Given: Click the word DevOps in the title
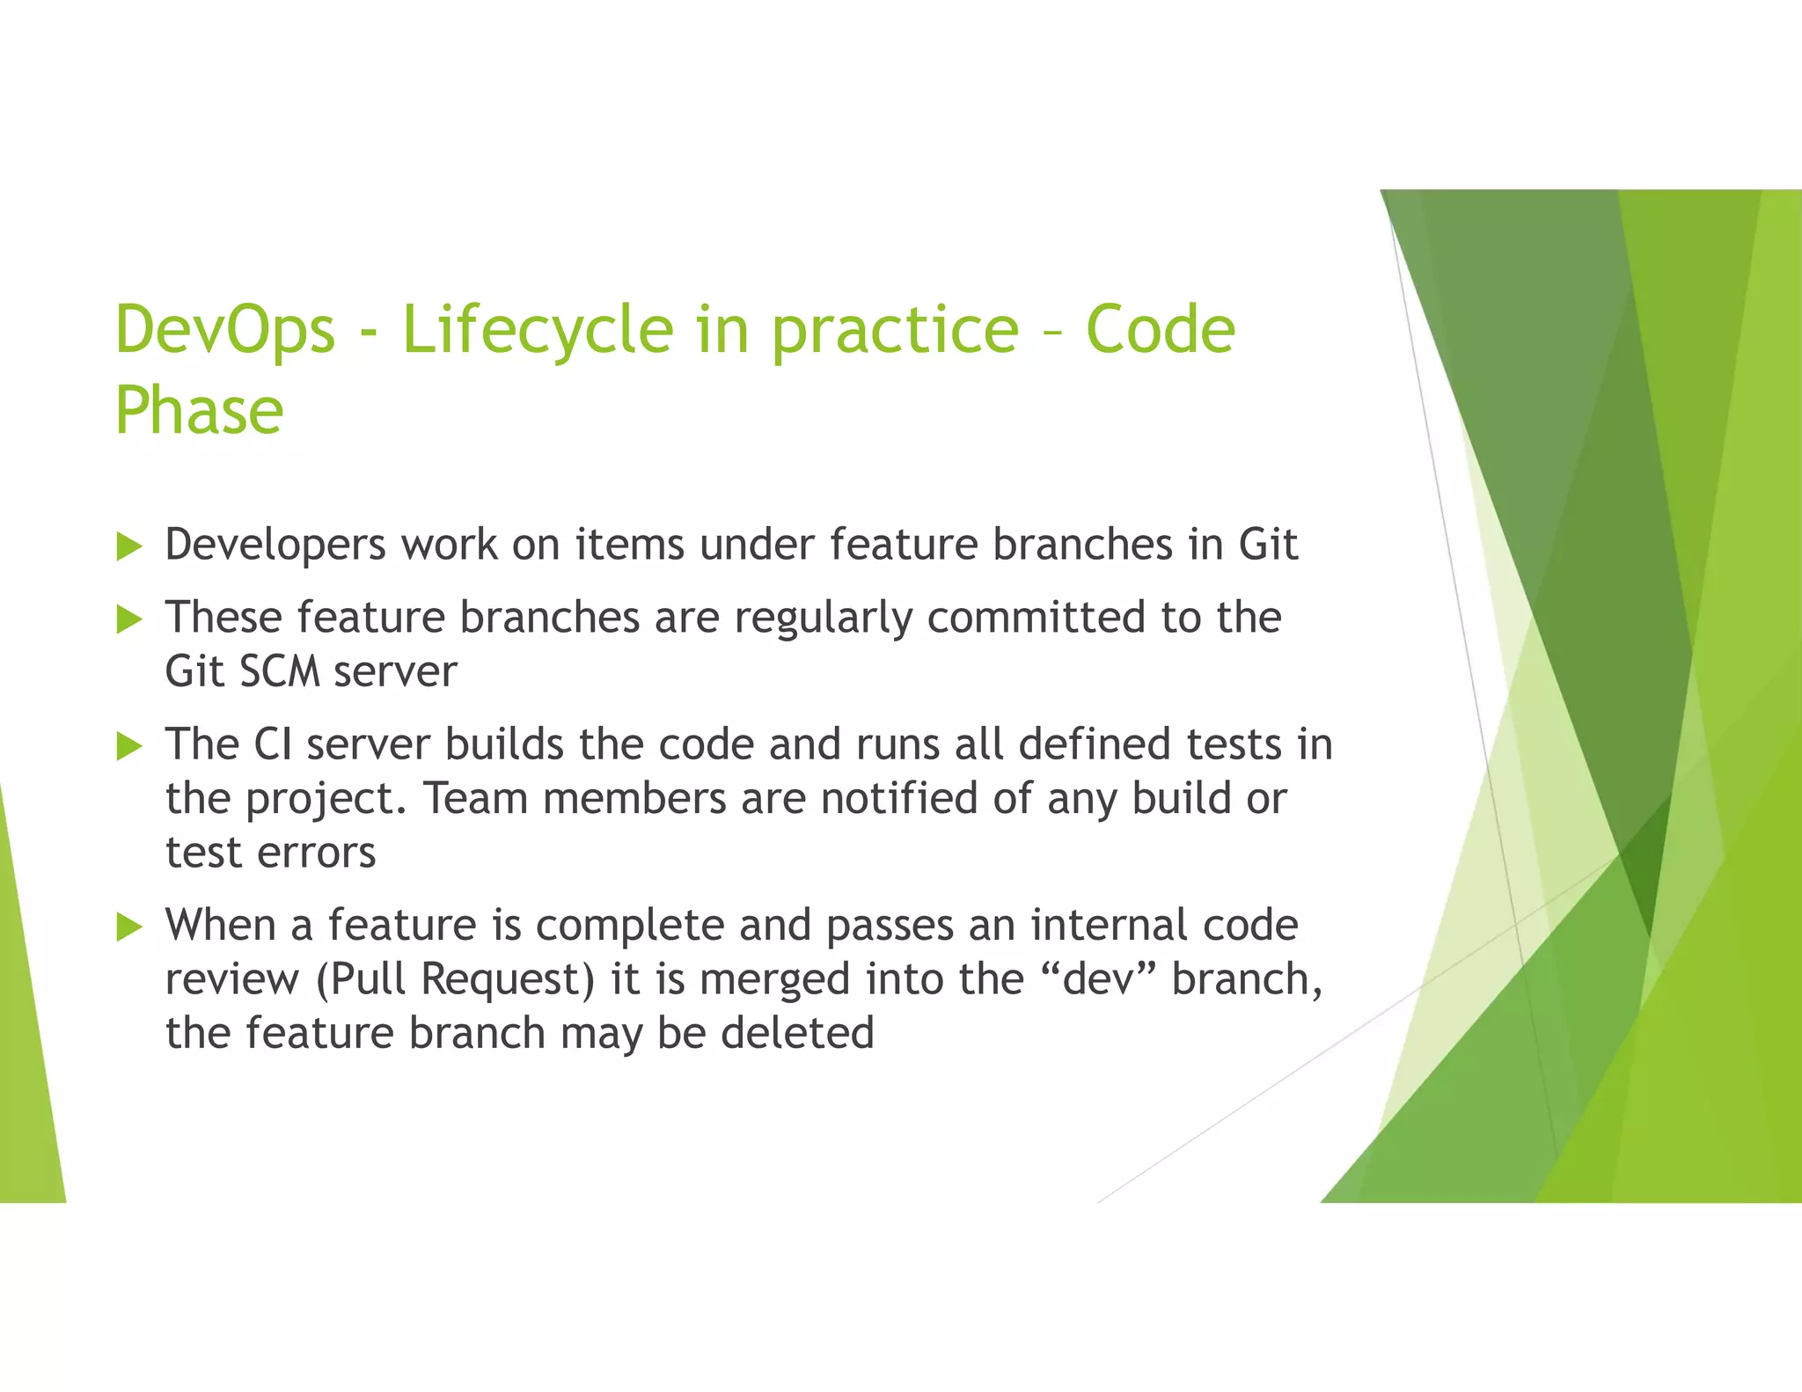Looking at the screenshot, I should point(225,329).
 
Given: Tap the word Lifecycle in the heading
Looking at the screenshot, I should point(538,331).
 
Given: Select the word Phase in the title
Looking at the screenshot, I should point(199,410).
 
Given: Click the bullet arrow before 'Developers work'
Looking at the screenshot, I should point(129,546).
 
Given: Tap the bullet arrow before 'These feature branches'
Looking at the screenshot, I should point(129,619).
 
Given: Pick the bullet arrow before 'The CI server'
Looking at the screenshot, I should point(129,747).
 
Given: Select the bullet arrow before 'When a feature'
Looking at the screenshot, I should point(129,927).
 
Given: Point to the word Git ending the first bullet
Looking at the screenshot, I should point(1267,544).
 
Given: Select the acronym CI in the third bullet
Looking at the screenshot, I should point(272,744).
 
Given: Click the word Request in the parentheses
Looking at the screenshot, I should point(508,979).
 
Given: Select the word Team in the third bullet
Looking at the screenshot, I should point(475,799).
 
